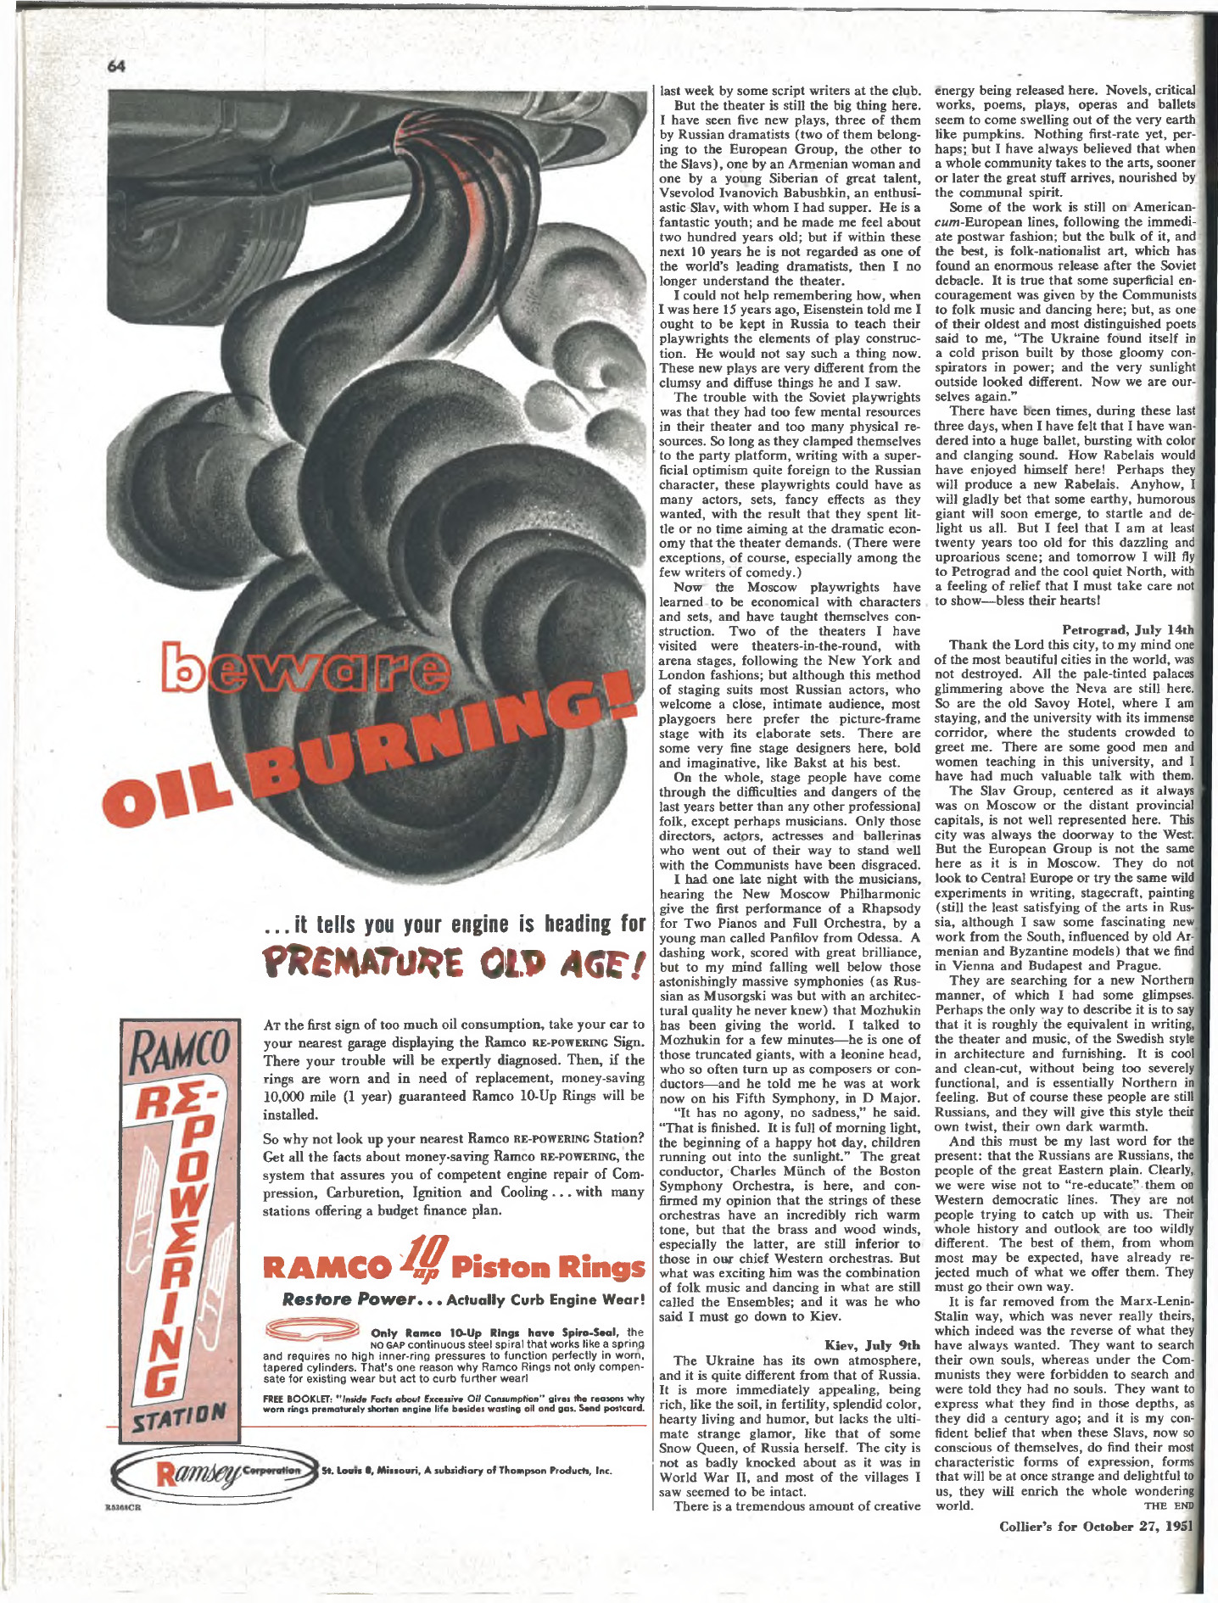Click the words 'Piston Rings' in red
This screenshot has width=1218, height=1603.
(548, 1268)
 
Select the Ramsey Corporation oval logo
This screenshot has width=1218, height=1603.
(215, 1471)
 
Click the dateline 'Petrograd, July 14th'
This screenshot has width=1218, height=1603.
(1127, 629)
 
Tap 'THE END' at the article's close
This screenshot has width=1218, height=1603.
(1168, 1506)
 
